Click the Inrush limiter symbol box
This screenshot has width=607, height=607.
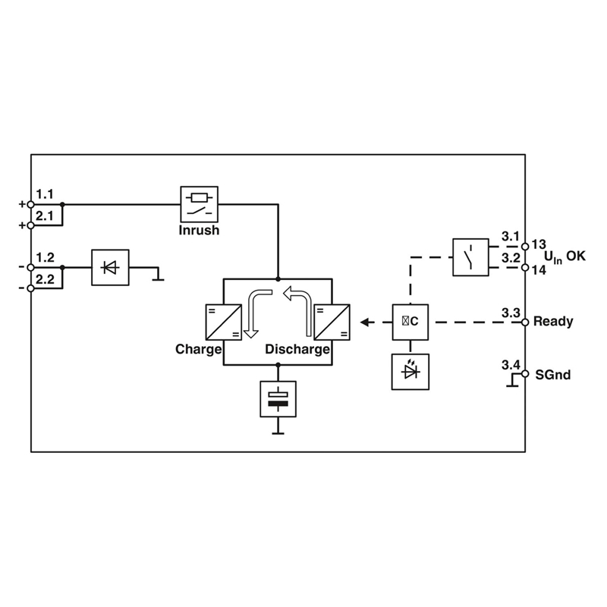pyautogui.click(x=199, y=203)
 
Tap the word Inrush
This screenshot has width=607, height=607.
pyautogui.click(x=199, y=230)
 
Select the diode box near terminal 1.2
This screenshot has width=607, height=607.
pyautogui.click(x=109, y=267)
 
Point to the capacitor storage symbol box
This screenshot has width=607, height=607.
pyautogui.click(x=278, y=399)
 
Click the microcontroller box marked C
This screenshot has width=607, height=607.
pyautogui.click(x=410, y=322)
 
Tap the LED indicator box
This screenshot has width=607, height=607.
pyautogui.click(x=410, y=372)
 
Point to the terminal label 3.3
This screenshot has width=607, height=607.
pyautogui.click(x=511, y=313)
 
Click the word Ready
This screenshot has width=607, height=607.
pyautogui.click(x=554, y=322)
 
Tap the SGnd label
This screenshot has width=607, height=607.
pyautogui.click(x=553, y=375)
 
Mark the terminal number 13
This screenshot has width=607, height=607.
pyautogui.click(x=539, y=244)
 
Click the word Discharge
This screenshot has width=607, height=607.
pyautogui.click(x=297, y=350)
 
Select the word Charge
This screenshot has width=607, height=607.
pyautogui.click(x=198, y=350)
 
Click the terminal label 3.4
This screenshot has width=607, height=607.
pyautogui.click(x=511, y=366)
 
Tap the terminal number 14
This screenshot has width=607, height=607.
pyautogui.click(x=539, y=269)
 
